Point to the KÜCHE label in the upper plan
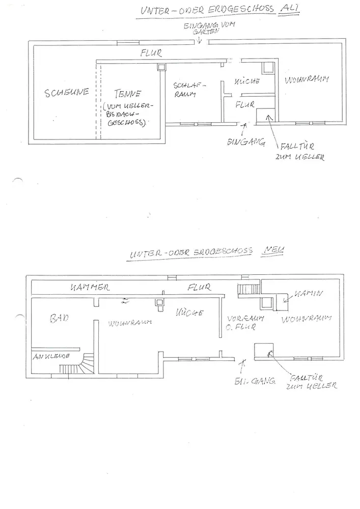247,81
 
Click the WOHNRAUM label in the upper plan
306,80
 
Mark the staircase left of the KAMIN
248,291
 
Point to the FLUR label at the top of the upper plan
151,52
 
